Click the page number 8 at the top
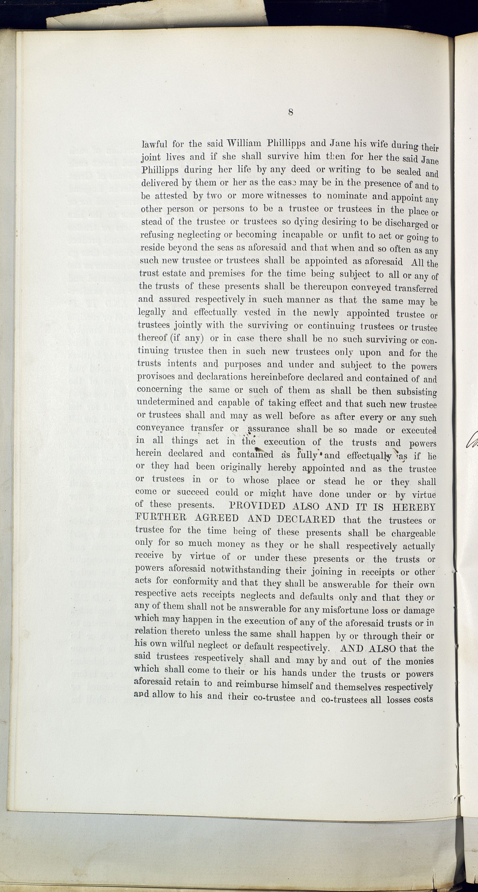point(290,112)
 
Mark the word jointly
point(188,325)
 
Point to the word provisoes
point(156,377)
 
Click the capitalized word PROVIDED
point(257,506)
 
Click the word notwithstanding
point(245,570)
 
